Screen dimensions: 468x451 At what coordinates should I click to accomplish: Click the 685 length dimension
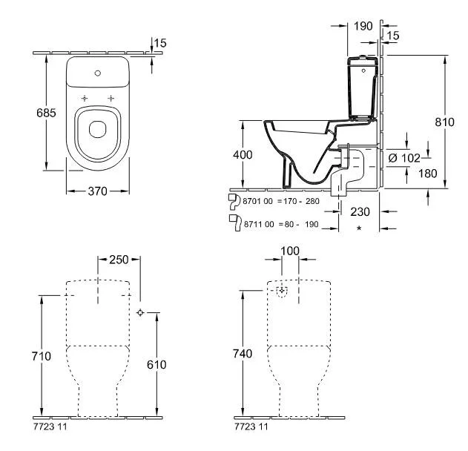click(46, 113)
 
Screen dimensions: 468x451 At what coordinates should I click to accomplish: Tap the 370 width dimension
click(98, 191)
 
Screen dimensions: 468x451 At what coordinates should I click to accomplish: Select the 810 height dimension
click(444, 122)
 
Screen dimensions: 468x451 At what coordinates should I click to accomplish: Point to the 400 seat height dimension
click(243, 154)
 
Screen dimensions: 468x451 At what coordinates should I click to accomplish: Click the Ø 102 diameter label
click(404, 158)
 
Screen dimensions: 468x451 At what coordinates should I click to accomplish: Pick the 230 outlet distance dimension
click(360, 211)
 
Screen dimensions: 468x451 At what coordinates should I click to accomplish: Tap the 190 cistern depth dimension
click(363, 26)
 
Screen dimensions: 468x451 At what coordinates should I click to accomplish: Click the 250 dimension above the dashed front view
click(119, 260)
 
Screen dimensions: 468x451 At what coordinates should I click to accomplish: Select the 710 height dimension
click(42, 356)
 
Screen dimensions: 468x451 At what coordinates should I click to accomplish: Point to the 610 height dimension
click(156, 364)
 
